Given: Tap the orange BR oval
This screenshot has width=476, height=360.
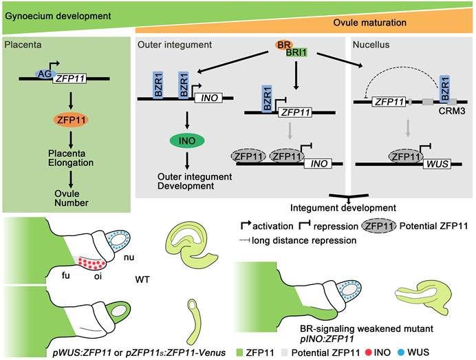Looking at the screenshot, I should (x=283, y=45).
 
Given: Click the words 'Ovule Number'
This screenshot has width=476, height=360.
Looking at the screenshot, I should (x=67, y=198).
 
